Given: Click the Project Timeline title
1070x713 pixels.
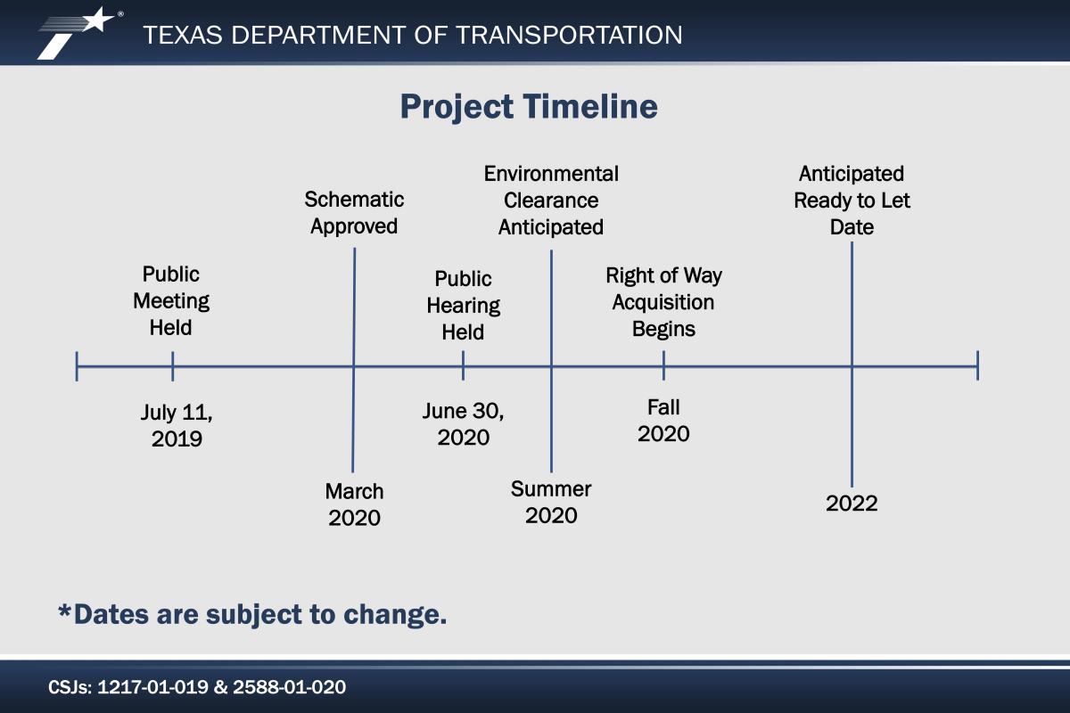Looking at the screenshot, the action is tap(529, 106).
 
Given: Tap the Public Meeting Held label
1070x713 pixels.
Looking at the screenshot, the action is tap(171, 301).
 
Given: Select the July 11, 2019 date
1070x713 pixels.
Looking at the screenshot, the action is tap(177, 425).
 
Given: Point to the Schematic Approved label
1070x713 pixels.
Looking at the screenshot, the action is tap(354, 212).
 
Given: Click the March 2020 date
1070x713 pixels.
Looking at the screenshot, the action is tap(354, 504).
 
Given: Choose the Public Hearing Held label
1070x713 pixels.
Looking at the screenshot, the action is tap(463, 305).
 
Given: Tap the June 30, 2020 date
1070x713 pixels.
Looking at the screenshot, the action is tap(463, 424).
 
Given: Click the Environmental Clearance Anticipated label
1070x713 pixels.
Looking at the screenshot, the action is tap(551, 201).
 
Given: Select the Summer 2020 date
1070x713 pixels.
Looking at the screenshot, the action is tap(551, 502).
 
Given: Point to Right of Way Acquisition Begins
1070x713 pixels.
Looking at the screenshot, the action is tap(663, 302).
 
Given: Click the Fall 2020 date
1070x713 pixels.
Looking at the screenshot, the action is tap(663, 421).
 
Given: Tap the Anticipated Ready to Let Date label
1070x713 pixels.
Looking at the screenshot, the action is tap(852, 201).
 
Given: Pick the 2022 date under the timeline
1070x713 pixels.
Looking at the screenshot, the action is tap(852, 504).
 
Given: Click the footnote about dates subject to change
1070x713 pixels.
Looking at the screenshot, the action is tap(252, 614).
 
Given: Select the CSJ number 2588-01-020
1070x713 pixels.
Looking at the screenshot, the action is tap(289, 687).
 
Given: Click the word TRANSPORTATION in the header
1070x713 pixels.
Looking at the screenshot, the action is tap(569, 35).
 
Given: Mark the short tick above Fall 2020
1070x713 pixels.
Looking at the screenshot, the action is tap(663, 365).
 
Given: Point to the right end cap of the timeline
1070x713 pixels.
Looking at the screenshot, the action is tap(978, 365).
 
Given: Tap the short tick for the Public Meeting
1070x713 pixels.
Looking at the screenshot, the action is tap(172, 366).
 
